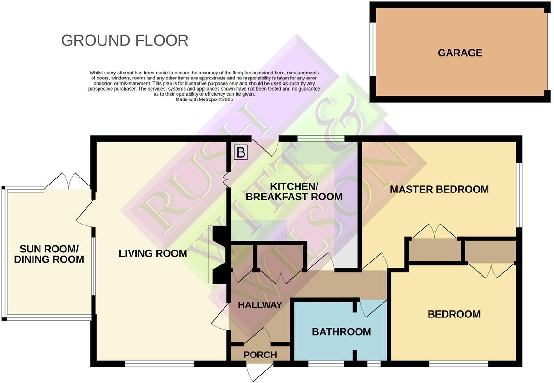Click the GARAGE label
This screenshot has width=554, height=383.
[460, 53]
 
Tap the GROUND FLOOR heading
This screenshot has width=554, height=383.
[125, 40]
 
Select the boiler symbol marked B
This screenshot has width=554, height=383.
[241, 152]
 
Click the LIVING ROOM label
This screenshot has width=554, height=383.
[153, 254]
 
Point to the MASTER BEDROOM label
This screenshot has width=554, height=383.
[439, 190]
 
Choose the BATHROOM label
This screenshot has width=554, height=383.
[341, 332]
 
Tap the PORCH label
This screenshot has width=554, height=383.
[260, 355]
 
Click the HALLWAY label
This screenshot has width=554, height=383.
[260, 305]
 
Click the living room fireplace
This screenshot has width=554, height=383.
[218, 254]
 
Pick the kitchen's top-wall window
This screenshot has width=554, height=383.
[321, 138]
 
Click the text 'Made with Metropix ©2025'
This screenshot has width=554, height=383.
[204, 99]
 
